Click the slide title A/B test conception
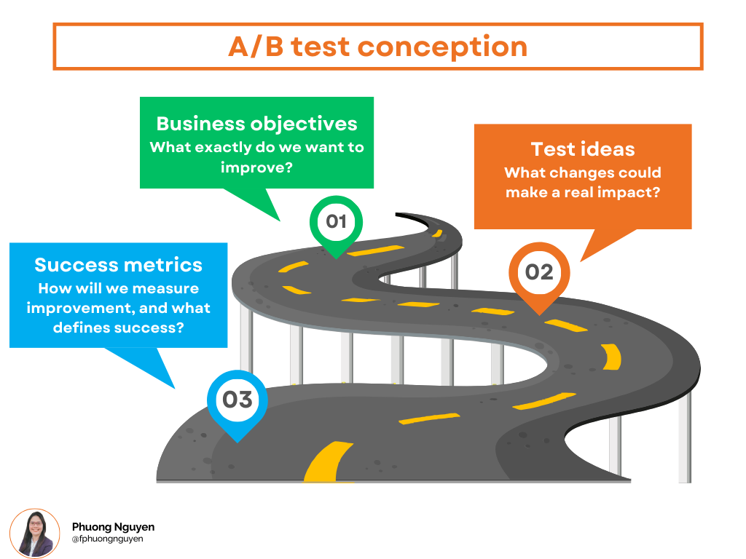pos(377,47)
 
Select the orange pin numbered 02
pos(539,272)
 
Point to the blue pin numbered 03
pos(237,400)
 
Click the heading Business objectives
pos(256,123)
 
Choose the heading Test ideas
pos(583,149)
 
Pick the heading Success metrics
pos(118,264)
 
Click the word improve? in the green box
pos(256,167)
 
